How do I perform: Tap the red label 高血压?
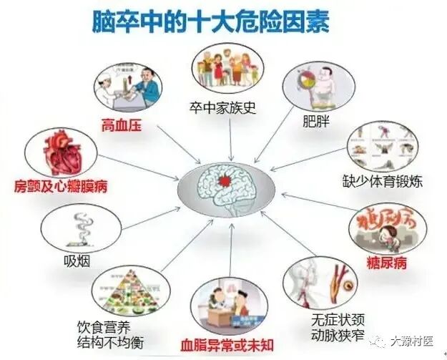(x=119, y=126)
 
